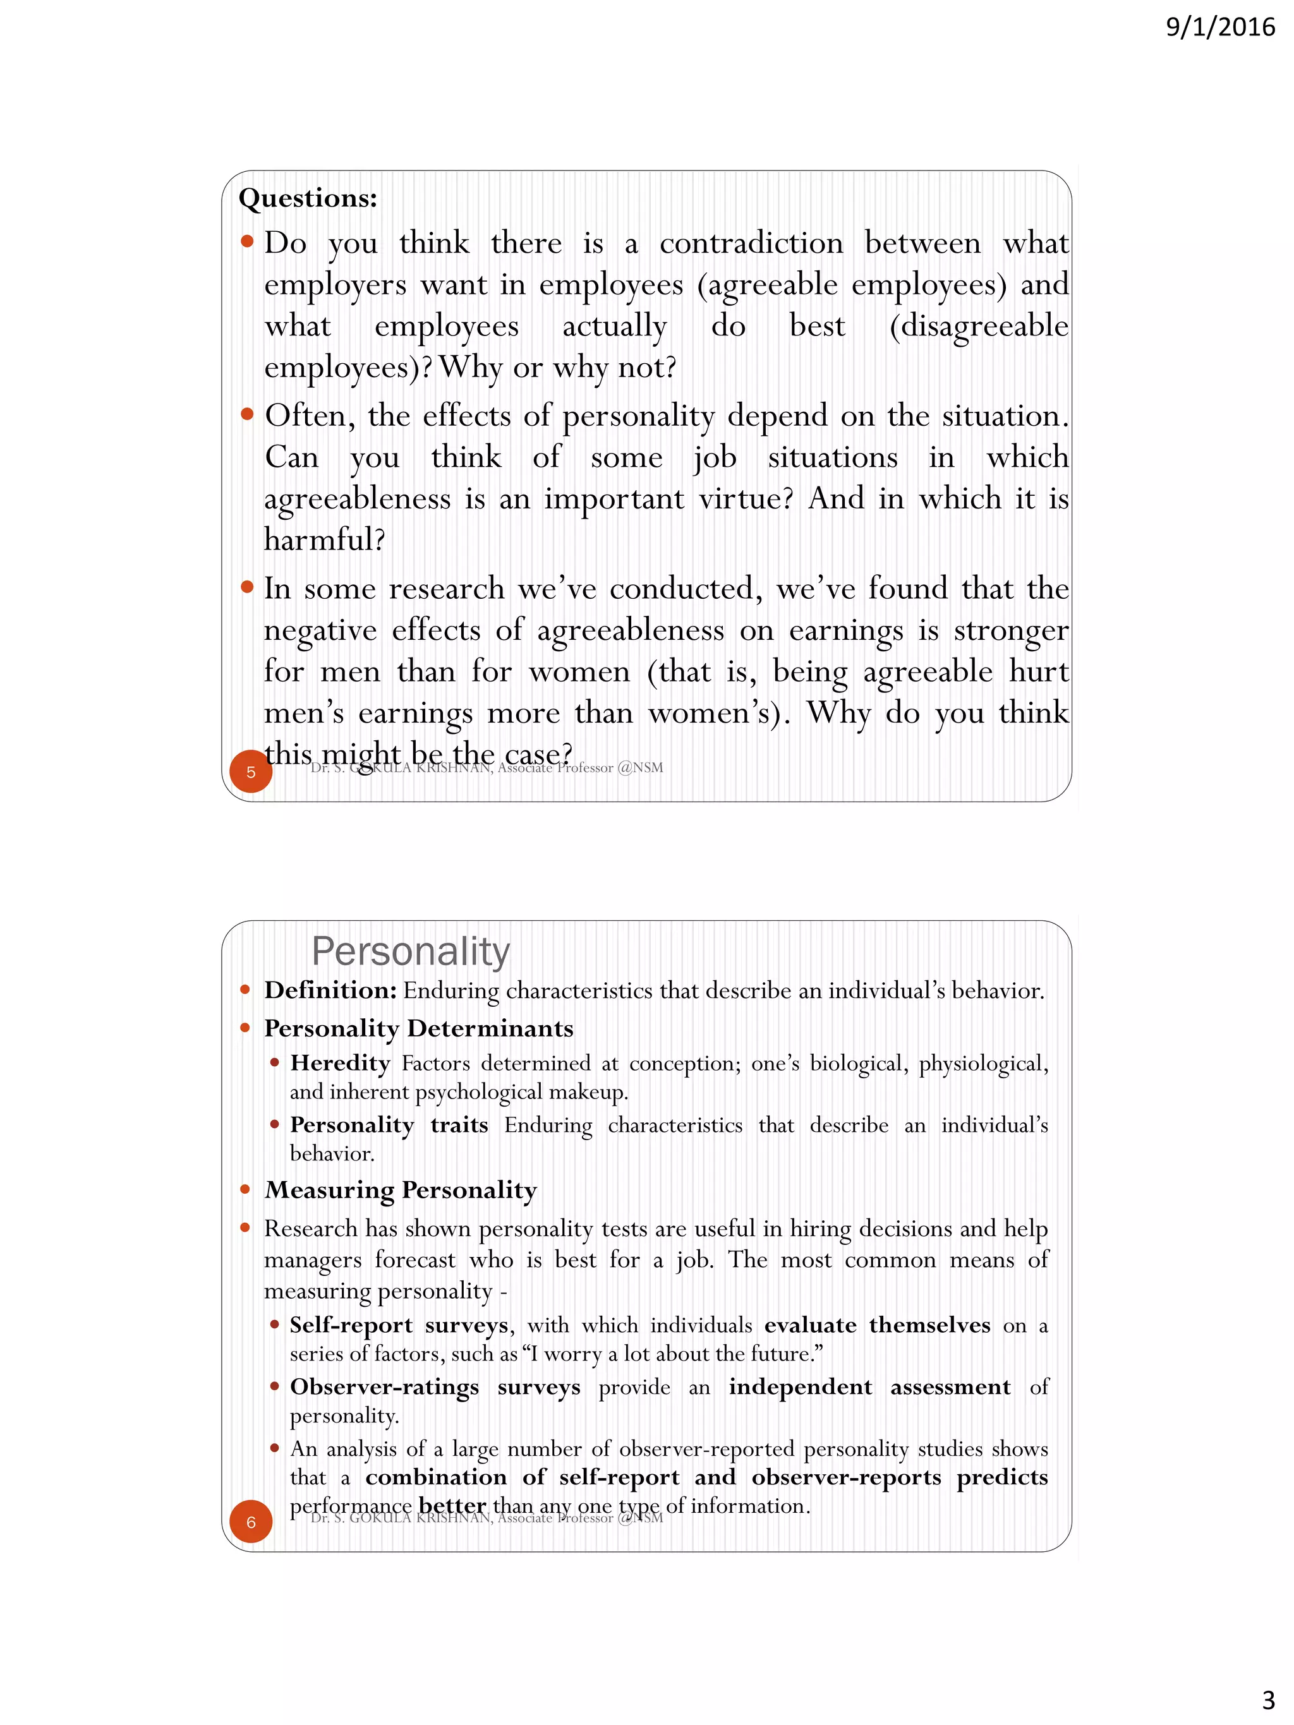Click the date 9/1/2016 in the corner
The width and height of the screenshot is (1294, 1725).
[x=1220, y=27]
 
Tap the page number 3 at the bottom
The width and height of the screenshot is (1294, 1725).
[x=1268, y=1698]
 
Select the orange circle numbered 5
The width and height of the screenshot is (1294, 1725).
[x=250, y=771]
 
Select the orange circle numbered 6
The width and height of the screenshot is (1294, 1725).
[x=250, y=1521]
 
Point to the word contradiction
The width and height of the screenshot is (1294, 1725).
[x=751, y=243]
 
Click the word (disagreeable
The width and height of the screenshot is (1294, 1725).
[x=979, y=326]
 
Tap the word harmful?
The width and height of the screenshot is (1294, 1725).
[x=325, y=539]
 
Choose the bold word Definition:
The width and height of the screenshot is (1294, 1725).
[x=330, y=990]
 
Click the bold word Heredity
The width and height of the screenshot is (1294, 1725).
[x=340, y=1063]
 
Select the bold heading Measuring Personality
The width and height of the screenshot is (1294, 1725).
[x=401, y=1189]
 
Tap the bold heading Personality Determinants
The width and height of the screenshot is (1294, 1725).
[x=419, y=1028]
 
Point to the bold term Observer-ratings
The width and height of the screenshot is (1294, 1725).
[x=385, y=1386]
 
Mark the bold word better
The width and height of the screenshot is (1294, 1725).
[x=452, y=1505]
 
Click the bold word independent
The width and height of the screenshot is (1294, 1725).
[x=801, y=1386]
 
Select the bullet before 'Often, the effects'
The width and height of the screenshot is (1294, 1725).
[x=247, y=414]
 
